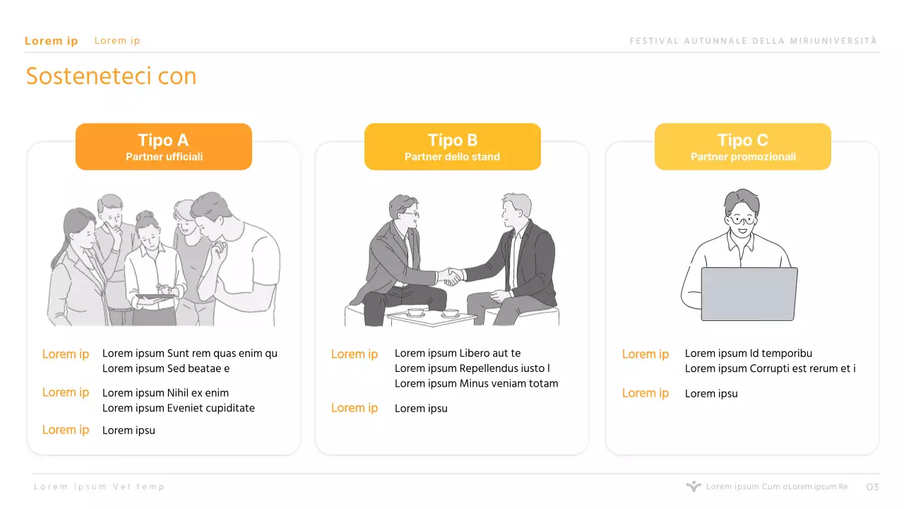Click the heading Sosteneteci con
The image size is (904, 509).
click(111, 76)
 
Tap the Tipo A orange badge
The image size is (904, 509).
click(164, 146)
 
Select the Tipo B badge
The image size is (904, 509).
click(453, 146)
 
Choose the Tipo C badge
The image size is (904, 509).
click(742, 146)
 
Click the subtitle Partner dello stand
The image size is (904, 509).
click(453, 157)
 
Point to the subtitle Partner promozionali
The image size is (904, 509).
click(743, 157)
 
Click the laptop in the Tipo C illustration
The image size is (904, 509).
click(749, 293)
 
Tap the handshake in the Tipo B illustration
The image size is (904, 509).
click(451, 276)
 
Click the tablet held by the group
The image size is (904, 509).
click(155, 297)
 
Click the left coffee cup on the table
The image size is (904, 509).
click(415, 312)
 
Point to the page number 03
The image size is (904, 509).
click(872, 487)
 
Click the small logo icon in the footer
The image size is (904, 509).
click(694, 486)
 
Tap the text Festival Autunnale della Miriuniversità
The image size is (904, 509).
click(754, 41)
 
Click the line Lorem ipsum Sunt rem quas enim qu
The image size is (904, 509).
click(190, 353)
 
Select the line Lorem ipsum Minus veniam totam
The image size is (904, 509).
click(476, 383)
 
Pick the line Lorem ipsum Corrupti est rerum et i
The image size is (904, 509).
click(770, 368)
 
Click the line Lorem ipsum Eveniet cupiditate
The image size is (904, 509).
click(179, 408)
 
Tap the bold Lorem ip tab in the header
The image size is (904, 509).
click(52, 41)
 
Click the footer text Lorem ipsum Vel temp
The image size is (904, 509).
click(99, 487)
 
